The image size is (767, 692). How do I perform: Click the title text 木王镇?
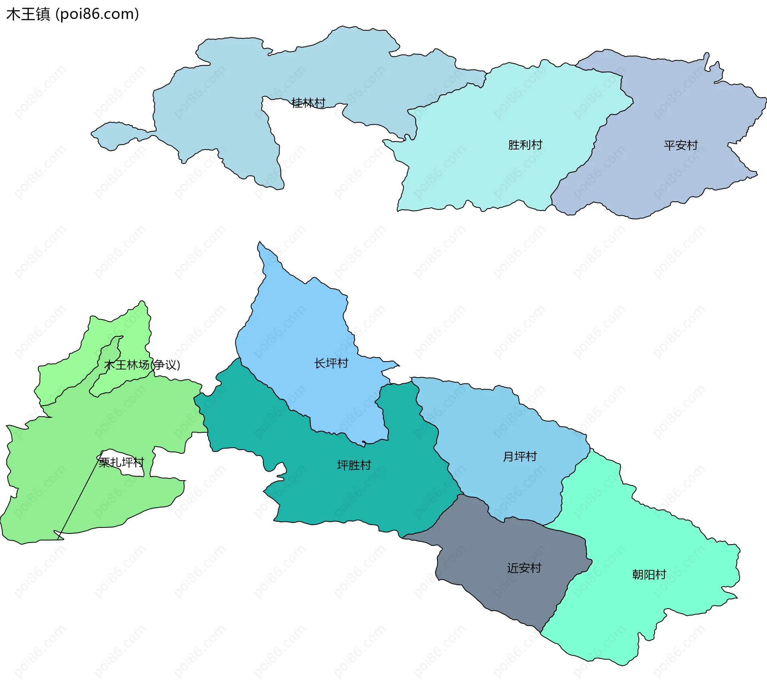pyautogui.click(x=28, y=14)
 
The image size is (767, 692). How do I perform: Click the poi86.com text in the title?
pyautogui.click(x=97, y=14)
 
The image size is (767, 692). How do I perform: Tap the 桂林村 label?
pyautogui.click(x=308, y=103)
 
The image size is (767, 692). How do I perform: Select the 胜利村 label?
pyautogui.click(x=525, y=145)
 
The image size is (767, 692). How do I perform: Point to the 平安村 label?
pyautogui.click(x=681, y=145)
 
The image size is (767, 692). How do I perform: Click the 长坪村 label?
pyautogui.click(x=331, y=364)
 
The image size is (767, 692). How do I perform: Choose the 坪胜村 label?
pyautogui.click(x=354, y=465)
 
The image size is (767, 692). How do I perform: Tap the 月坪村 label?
pyautogui.click(x=520, y=457)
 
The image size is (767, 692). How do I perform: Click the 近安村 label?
pyautogui.click(x=524, y=568)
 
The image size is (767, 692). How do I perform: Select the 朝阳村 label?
pyautogui.click(x=649, y=575)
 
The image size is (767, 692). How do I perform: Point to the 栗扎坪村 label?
pyautogui.click(x=121, y=463)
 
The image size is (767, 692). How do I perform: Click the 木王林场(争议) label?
pyautogui.click(x=142, y=365)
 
